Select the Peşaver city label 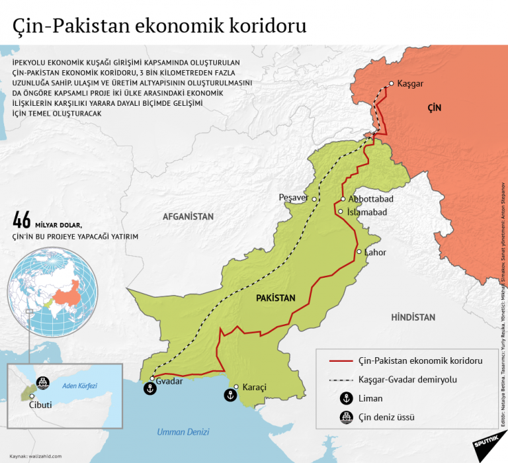tap(294, 198)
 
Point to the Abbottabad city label tap(371, 199)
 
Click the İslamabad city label tap(366, 212)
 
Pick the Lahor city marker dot tap(359, 252)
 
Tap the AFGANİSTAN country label tap(189, 216)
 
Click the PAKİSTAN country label tap(275, 298)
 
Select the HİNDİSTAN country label tap(413, 317)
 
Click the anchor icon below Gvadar tap(149, 390)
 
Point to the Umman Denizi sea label tap(183, 432)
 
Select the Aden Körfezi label tap(79, 385)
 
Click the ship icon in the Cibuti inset tap(42, 382)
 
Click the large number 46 tap(22, 220)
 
